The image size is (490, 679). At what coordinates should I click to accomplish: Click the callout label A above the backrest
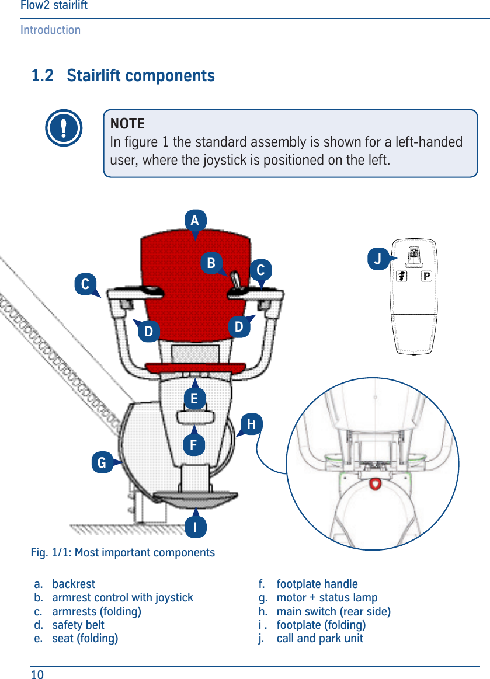195,221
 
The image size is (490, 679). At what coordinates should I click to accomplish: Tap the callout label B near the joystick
211,263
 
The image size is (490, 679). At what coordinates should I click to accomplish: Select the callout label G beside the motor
102,464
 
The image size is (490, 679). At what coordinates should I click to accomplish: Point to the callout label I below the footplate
195,527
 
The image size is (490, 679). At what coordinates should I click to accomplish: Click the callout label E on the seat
194,399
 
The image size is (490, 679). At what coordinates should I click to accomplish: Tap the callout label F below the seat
194,445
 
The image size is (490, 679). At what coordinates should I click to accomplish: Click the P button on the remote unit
426,276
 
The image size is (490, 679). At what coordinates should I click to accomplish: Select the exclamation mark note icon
63,128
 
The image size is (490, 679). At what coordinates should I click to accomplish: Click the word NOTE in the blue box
127,124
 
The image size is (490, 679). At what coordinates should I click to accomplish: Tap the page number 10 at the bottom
37,675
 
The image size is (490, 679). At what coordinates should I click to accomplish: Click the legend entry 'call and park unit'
319,638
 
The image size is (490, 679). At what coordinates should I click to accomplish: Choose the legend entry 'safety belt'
78,625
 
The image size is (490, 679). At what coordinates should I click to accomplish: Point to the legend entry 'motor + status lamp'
326,597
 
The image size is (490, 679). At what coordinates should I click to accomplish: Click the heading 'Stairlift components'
140,76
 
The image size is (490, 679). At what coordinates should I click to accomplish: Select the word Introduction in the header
50,30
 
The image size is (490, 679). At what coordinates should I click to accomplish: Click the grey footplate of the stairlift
196,498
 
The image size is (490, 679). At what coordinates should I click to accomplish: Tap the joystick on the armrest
235,280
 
